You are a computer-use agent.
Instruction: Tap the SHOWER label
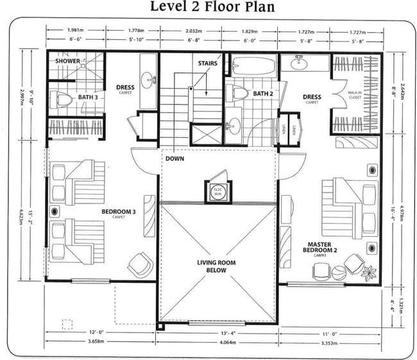coord(67,62)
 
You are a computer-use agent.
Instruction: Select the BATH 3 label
coord(87,97)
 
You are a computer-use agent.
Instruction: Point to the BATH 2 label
coord(262,94)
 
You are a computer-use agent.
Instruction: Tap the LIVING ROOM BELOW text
coord(216,266)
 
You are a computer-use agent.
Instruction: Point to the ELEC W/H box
coord(217,189)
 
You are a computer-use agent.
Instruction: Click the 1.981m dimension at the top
coord(76,30)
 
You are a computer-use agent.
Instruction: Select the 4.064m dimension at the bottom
coord(219,343)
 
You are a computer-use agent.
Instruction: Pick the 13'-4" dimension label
coord(219,333)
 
